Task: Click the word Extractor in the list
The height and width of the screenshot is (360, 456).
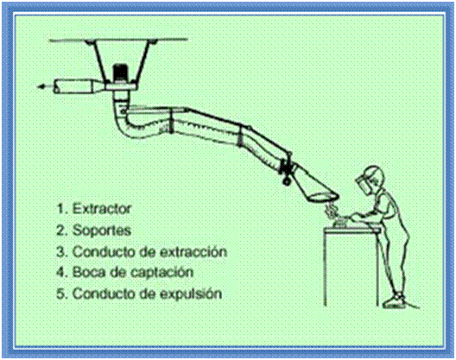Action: [x=102, y=209]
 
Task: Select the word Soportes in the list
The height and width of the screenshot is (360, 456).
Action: [x=102, y=231]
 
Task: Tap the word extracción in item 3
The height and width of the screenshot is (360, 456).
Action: [x=193, y=251]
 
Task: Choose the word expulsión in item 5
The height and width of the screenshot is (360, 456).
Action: [x=191, y=294]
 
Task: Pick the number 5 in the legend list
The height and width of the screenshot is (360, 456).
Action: [x=60, y=294]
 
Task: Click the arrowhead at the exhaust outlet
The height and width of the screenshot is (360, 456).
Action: [x=42, y=86]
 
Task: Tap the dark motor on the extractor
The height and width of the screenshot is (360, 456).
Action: [x=120, y=73]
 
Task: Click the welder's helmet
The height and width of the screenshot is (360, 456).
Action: [x=372, y=178]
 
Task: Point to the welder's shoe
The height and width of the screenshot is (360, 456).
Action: [x=395, y=302]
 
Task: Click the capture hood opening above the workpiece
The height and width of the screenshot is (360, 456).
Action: [x=324, y=197]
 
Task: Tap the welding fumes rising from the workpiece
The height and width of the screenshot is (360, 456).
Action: [x=331, y=211]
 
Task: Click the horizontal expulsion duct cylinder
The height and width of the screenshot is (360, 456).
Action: [x=75, y=86]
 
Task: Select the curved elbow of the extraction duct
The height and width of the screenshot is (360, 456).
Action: [x=128, y=122]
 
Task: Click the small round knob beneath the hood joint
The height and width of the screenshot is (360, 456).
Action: [x=287, y=182]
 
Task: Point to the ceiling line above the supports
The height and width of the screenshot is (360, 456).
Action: [x=118, y=40]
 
